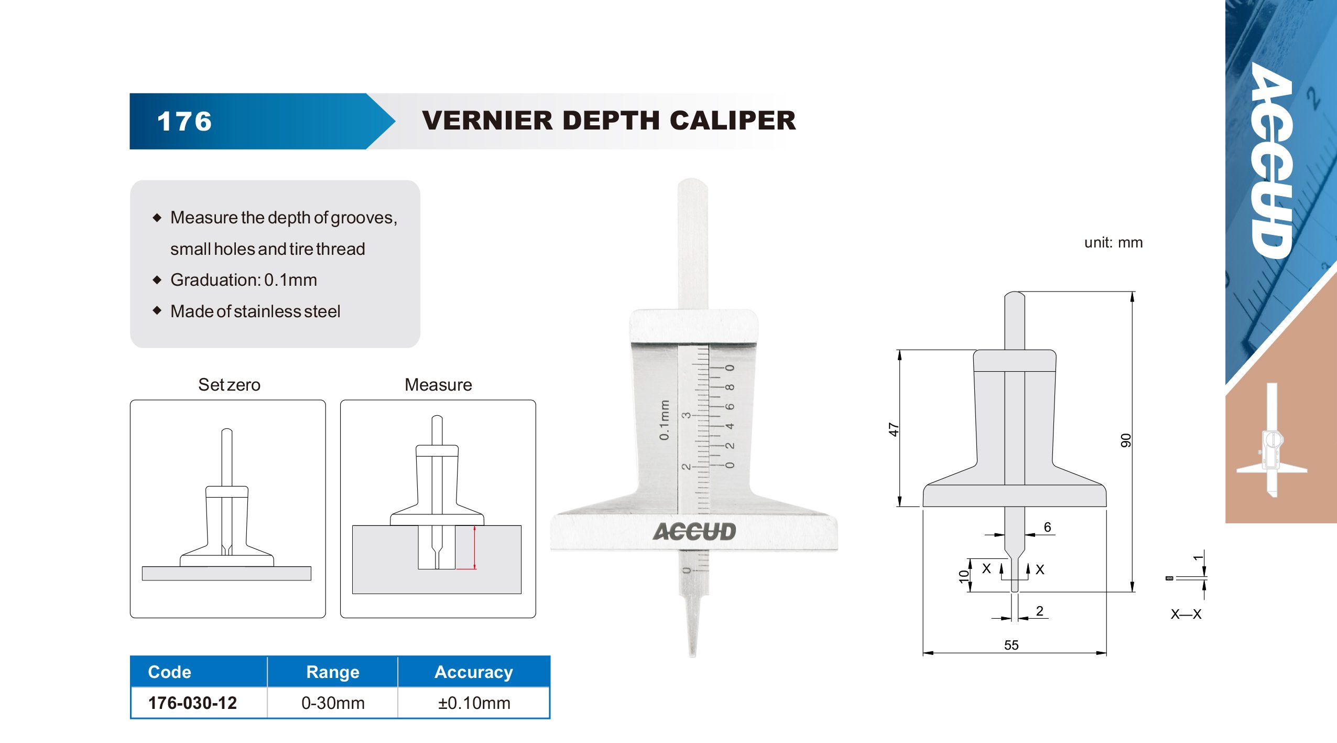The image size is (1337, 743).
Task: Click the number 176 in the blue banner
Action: tap(184, 122)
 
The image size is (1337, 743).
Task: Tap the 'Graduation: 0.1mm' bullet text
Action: tap(244, 280)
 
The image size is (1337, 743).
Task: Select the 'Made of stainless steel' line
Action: tap(255, 311)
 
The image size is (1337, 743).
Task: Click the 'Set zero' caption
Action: tap(229, 385)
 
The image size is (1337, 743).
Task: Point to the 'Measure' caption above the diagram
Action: tap(438, 385)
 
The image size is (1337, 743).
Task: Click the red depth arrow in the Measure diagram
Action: tap(474, 547)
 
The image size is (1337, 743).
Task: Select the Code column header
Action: tap(169, 672)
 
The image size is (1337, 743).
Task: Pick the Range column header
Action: tap(333, 672)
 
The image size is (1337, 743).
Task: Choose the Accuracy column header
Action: tap(474, 672)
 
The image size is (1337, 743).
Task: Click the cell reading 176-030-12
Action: tap(192, 703)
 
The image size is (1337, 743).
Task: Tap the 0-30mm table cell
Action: tap(333, 703)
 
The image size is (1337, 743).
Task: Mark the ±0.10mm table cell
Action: tap(474, 703)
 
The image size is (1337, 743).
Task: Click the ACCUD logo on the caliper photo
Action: tap(694, 532)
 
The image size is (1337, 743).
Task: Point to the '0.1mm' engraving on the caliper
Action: tap(664, 420)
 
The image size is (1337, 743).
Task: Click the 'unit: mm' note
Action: tap(1113, 243)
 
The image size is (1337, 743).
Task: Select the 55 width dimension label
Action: tap(1011, 645)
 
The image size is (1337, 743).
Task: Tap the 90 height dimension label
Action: tap(1125, 440)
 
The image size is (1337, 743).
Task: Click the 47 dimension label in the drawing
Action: tap(893, 429)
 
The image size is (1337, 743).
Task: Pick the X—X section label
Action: tap(1186, 614)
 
